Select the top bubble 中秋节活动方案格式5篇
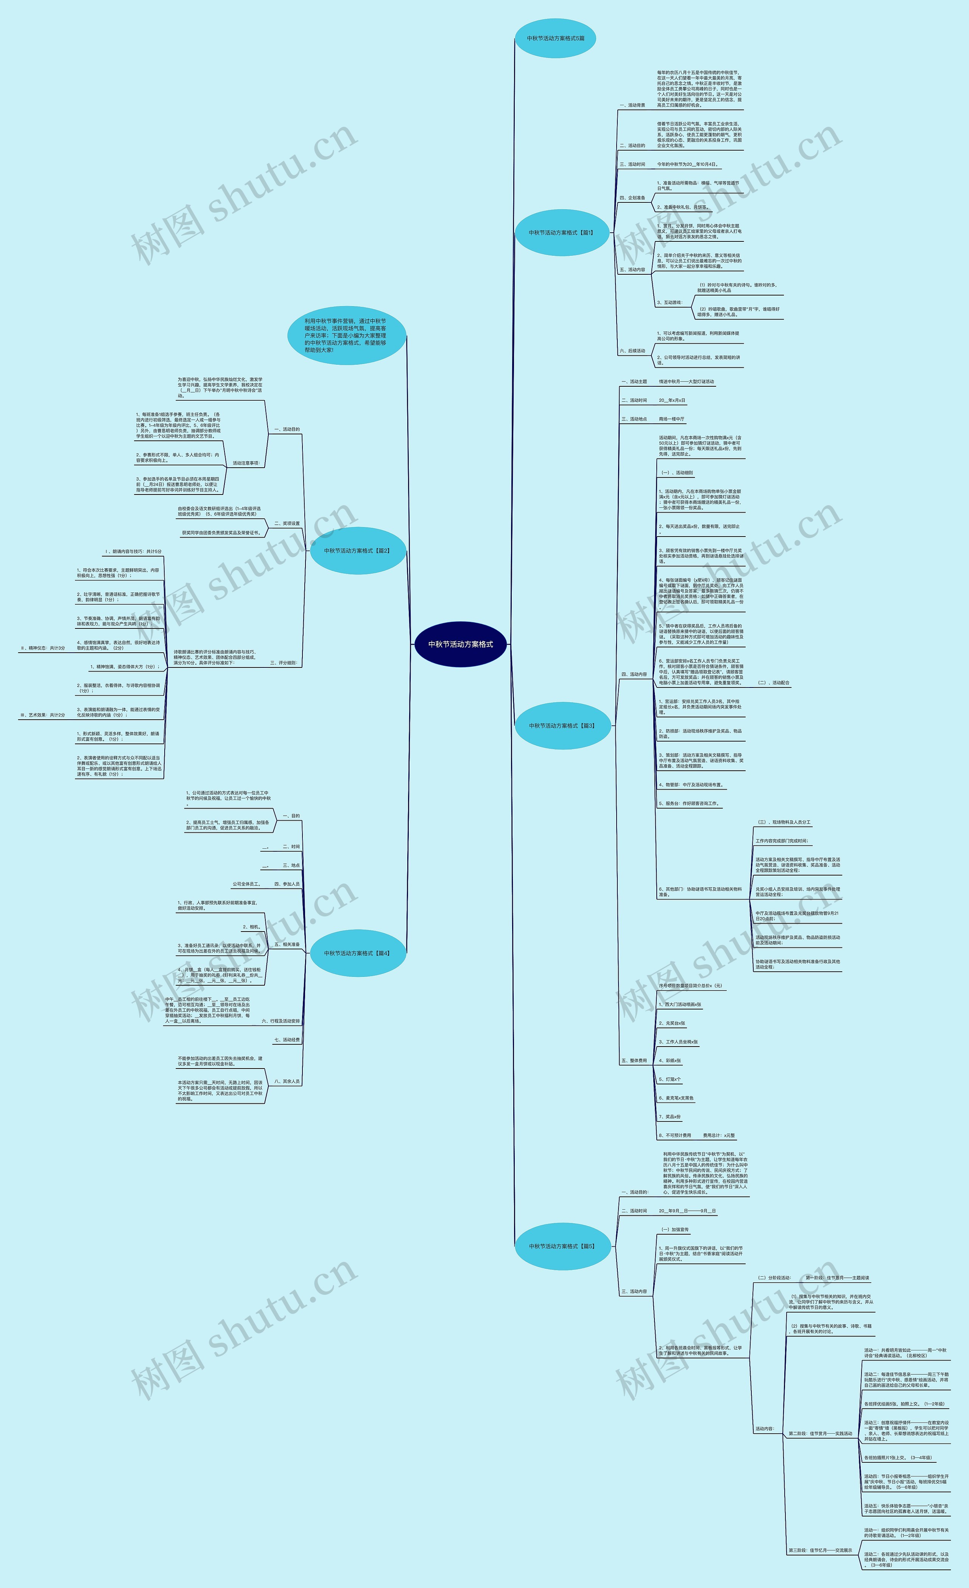click(x=555, y=38)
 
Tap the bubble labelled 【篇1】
click(x=562, y=233)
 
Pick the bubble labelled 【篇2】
click(x=357, y=551)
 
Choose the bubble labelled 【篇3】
click(x=562, y=726)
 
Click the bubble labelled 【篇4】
click(x=357, y=953)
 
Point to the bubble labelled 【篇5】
click(x=562, y=1246)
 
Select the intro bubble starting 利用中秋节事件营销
click(x=346, y=335)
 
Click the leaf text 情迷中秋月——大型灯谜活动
click(x=686, y=381)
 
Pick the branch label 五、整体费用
click(x=634, y=1060)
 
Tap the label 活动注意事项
click(x=246, y=463)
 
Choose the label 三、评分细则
click(x=284, y=663)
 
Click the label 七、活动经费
click(x=287, y=1039)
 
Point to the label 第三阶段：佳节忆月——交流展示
click(x=820, y=1551)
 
